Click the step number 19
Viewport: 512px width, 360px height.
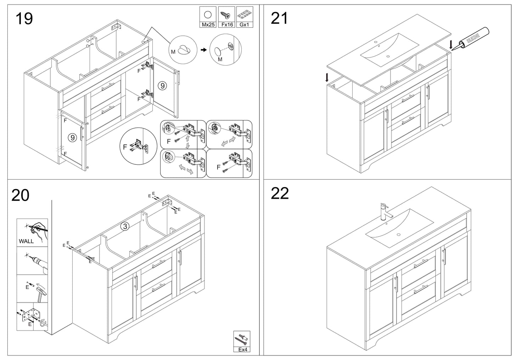(24, 18)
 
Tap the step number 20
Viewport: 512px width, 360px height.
(20, 195)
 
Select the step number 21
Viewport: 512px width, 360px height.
(279, 18)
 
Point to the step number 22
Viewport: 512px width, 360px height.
(280, 193)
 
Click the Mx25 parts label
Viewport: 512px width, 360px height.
(208, 25)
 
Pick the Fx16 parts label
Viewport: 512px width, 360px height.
(227, 25)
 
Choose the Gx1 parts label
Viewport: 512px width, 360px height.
(244, 25)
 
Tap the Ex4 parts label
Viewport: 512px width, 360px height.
(242, 349)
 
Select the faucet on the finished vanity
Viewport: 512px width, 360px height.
(385, 212)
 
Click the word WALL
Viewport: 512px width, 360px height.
(26, 241)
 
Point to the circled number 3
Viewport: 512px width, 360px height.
(125, 226)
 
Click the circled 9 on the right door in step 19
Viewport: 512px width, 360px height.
(163, 86)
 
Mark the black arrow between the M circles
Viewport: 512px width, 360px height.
(203, 50)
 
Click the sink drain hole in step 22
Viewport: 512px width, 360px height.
(399, 235)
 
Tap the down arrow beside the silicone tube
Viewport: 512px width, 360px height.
(451, 45)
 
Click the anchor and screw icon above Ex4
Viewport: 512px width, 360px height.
(242, 339)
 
